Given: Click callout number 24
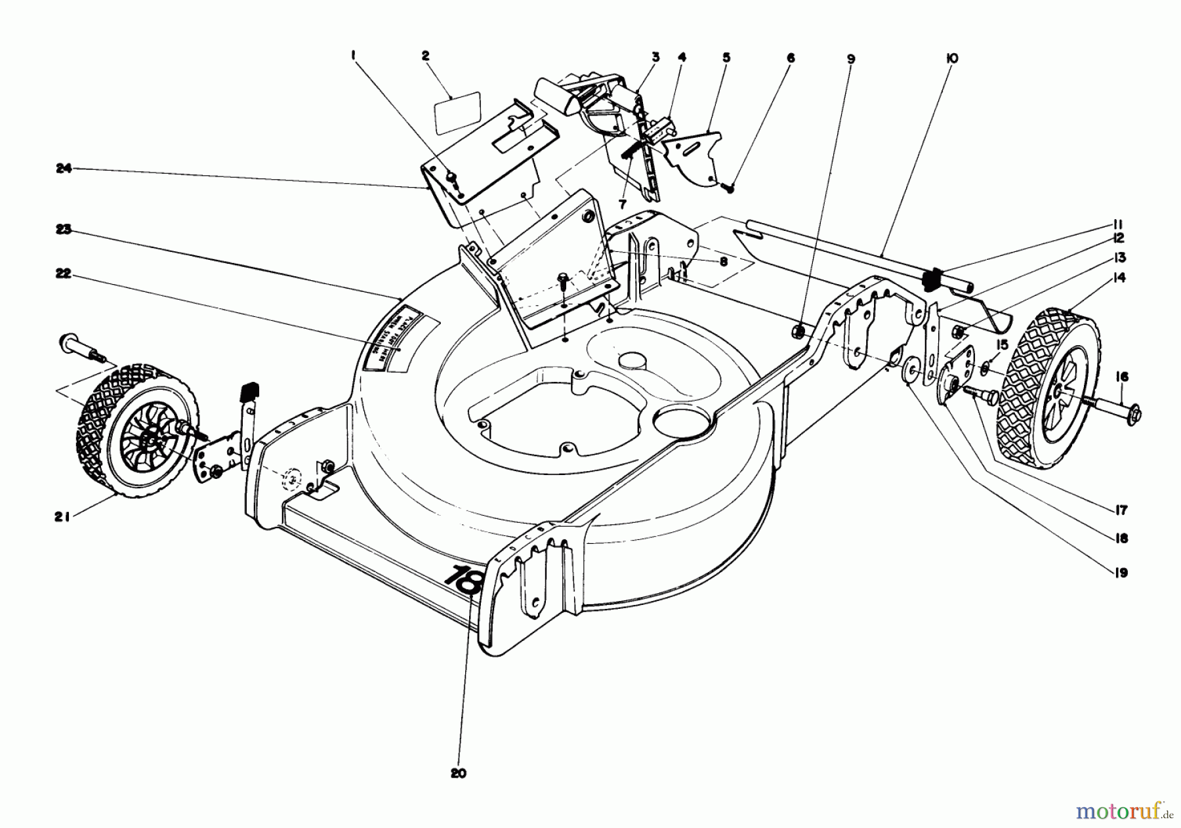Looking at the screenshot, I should [x=63, y=169].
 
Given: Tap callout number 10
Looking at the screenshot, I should [x=952, y=58].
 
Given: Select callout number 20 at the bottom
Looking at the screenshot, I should [x=459, y=774].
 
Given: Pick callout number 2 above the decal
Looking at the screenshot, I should [x=425, y=56].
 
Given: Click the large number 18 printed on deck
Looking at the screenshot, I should [x=464, y=578].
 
